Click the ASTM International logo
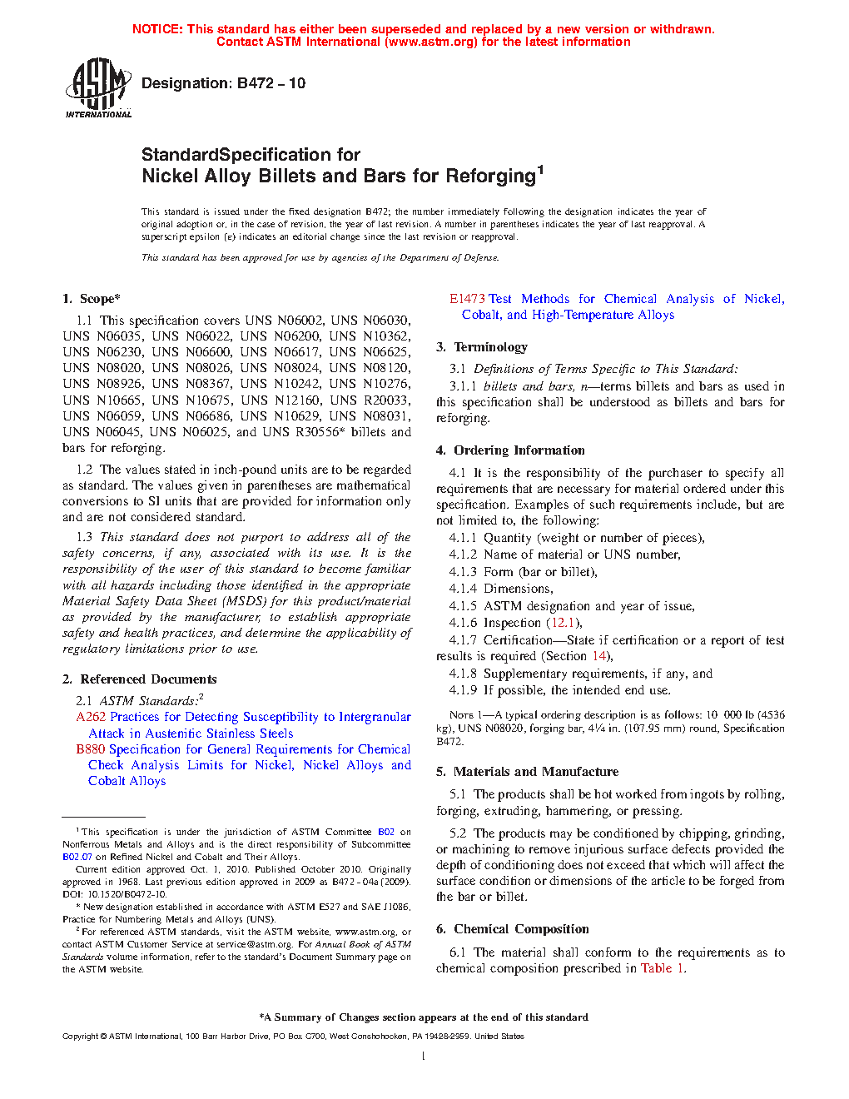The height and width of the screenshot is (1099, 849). (98, 87)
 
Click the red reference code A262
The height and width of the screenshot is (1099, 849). (91, 717)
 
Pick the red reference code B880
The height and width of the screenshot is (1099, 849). (91, 749)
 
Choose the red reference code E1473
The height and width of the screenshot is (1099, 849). (467, 299)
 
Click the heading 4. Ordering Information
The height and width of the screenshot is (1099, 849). (510, 450)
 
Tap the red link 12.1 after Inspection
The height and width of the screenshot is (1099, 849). (563, 623)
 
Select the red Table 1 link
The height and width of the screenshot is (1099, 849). (662, 968)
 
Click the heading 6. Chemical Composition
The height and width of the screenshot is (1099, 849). (513, 929)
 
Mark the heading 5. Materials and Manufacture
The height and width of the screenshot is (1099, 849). (527, 772)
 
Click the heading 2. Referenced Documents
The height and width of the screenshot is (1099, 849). (139, 679)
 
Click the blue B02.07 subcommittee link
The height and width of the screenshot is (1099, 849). (77, 857)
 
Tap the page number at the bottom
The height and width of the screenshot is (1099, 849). (424, 1057)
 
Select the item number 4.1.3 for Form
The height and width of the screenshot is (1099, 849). (463, 572)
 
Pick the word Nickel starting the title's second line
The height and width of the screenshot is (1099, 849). (168, 177)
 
